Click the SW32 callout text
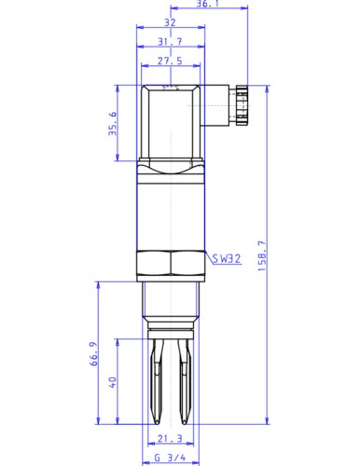[227, 259]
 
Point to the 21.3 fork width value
[169, 439]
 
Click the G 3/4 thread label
[169, 458]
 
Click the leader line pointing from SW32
[206, 255]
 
